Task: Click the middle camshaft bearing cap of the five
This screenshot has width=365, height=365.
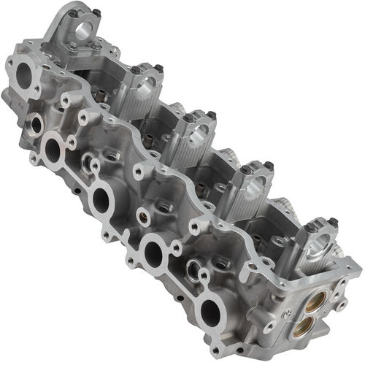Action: point(193,137)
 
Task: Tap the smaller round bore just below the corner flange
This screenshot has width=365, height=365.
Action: point(35,124)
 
